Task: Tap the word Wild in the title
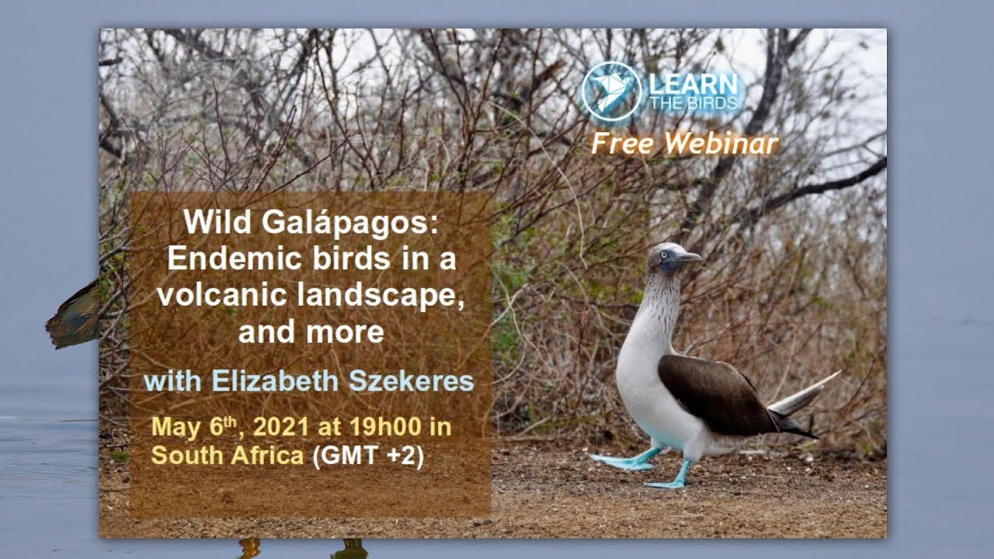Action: point(217,224)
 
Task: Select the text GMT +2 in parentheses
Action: point(367,456)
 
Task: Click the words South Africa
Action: point(228,456)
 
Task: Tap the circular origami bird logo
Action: point(611,92)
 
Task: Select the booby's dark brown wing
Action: point(714,392)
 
